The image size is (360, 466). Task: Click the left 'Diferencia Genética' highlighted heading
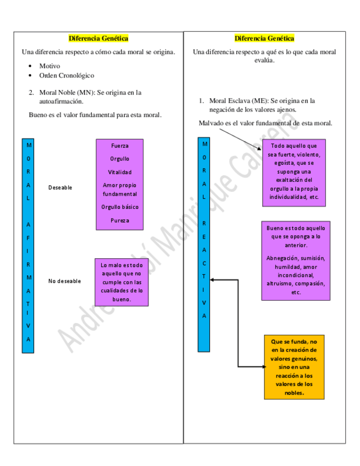tap(98, 38)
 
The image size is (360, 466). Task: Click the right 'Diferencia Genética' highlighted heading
tap(264, 38)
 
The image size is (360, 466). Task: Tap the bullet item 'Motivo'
tap(49, 66)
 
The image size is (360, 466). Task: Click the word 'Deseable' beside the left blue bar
tap(60, 188)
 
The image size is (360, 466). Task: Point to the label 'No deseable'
tap(64, 281)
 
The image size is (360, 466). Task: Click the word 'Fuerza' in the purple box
tap(120, 146)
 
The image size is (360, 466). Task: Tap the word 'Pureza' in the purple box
tap(120, 221)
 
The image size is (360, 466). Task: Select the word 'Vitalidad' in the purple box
tap(120, 173)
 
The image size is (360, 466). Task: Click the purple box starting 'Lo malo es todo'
tap(121, 282)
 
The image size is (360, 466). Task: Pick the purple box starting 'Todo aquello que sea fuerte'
tap(293, 171)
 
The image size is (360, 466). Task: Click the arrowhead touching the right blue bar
tap(213, 280)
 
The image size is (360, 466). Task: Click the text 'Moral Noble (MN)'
tap(65, 93)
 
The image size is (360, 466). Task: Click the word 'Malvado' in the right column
tap(211, 124)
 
